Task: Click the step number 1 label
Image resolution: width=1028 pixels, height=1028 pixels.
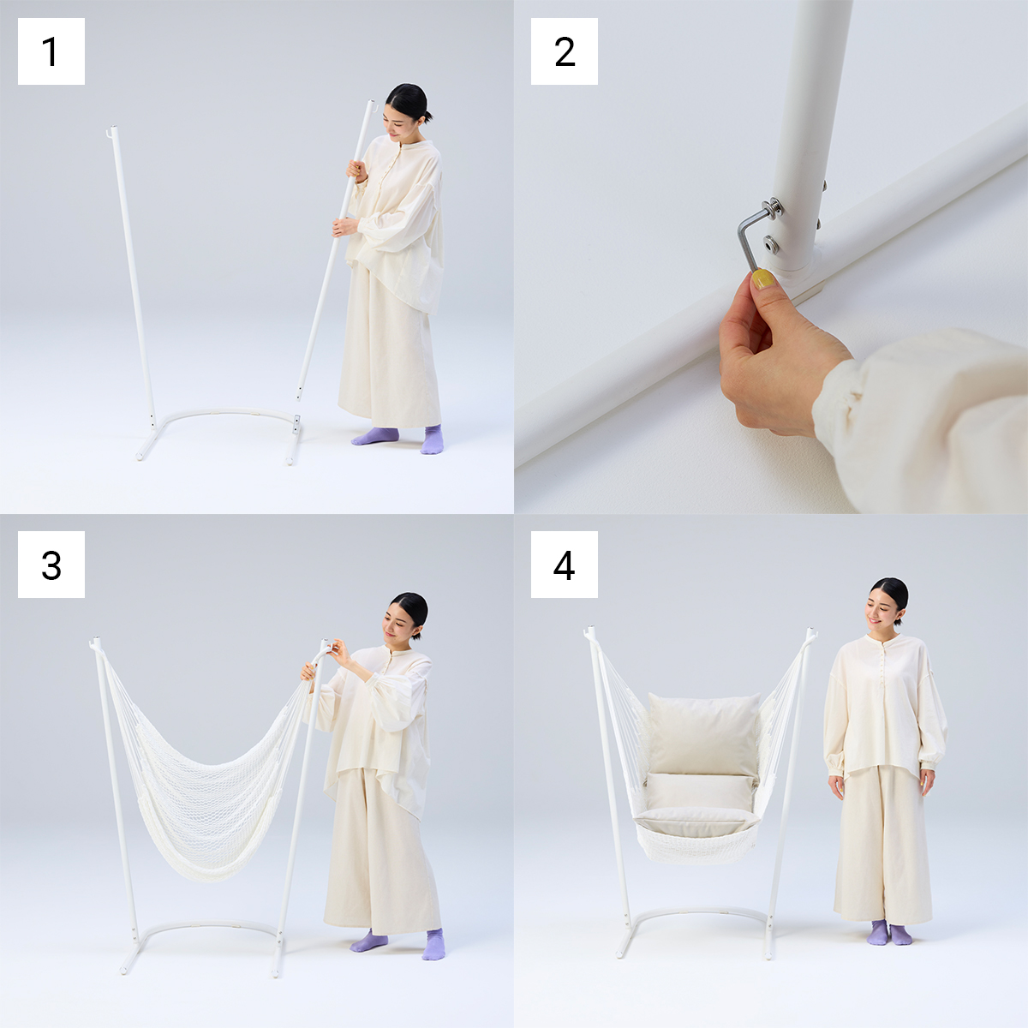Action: click(51, 51)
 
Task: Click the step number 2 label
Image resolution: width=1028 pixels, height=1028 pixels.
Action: click(564, 51)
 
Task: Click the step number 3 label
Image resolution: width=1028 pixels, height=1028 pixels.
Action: click(51, 565)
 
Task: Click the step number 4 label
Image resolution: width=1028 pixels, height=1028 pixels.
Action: click(564, 565)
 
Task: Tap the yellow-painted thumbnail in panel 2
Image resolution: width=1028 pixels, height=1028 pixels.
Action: click(762, 279)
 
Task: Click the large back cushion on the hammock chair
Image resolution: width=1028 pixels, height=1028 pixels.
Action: click(704, 734)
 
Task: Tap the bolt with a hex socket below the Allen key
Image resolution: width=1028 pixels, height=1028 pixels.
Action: click(770, 245)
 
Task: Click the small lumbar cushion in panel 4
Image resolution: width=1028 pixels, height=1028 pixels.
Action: click(698, 792)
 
